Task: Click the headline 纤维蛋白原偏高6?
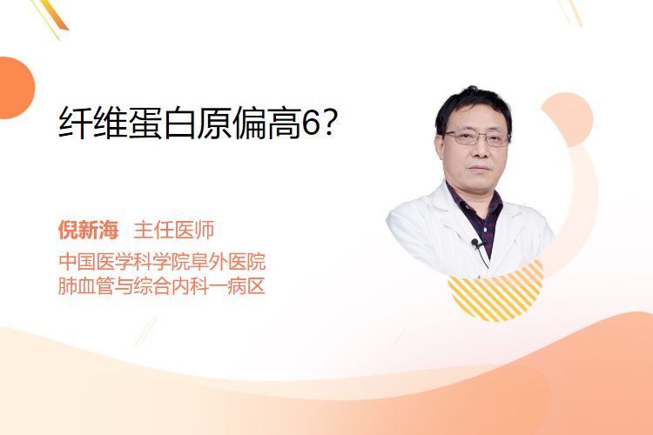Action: tap(197, 123)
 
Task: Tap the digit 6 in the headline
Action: tap(310, 124)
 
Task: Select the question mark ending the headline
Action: tap(329, 124)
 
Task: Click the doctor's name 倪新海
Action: tap(88, 230)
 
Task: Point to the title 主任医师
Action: tap(173, 230)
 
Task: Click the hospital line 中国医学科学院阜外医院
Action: tap(162, 261)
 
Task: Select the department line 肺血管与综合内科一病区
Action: tap(162, 286)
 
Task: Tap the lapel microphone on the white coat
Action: tap(475, 242)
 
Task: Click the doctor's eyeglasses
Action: tap(477, 137)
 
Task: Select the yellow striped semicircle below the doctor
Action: tap(496, 292)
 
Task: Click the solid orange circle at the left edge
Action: tap(16, 88)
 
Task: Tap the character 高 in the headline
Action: tap(285, 124)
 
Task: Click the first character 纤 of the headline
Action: tap(76, 124)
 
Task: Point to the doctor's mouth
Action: tap(479, 168)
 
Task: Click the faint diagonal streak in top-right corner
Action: tap(570, 12)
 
